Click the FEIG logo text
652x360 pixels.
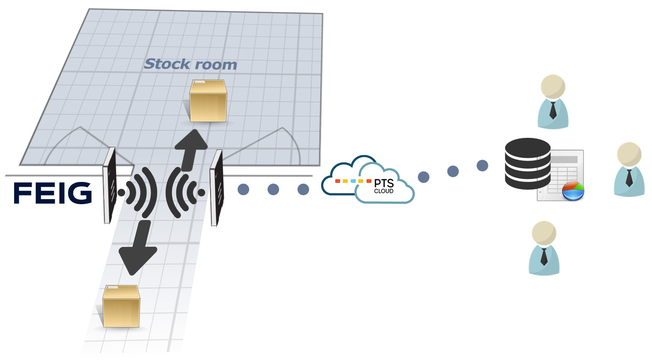coord(53,193)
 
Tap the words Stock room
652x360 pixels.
coord(191,64)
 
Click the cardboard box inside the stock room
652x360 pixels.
coord(208,101)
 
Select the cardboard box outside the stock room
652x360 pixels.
coord(121,306)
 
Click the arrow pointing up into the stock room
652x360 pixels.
coord(191,148)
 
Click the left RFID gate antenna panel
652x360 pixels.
coord(110,185)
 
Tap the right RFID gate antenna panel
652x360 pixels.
coord(217,187)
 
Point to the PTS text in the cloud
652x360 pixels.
coord(384,183)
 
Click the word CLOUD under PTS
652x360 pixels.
coord(384,191)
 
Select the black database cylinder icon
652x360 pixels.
coord(527,164)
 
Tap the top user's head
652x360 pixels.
coord(553,86)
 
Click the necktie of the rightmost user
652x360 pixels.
coord(629,177)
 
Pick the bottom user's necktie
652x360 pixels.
coord(544,256)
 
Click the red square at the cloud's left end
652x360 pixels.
coord(337,181)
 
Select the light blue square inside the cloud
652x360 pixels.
coord(353,181)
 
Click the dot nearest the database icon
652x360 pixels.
coord(482,166)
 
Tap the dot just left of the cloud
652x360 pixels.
coord(303,189)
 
